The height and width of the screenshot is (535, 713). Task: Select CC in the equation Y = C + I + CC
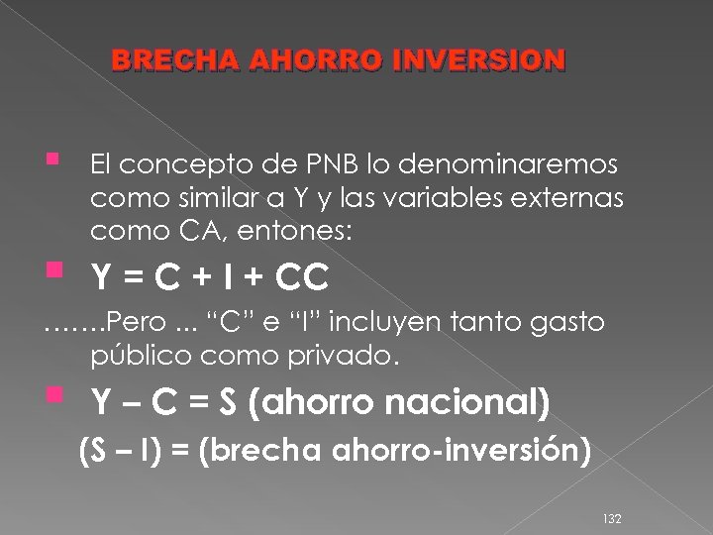pyautogui.click(x=303, y=279)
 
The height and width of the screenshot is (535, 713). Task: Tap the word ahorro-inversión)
pyautogui.click(x=461, y=451)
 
